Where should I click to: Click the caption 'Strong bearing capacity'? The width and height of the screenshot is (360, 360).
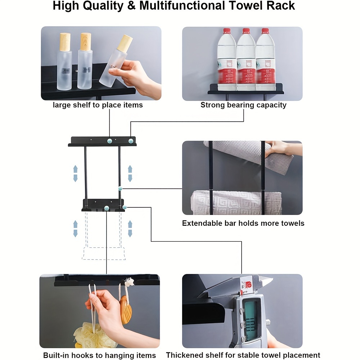[x=243, y=105]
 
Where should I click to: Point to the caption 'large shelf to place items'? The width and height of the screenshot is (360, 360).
[x=98, y=105]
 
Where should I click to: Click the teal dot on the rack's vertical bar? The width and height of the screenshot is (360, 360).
[x=120, y=188]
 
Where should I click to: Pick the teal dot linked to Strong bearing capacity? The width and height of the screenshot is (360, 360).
[x=131, y=140]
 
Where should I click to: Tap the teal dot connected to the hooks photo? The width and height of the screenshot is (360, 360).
[x=107, y=208]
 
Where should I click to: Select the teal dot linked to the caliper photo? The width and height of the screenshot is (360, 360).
[x=125, y=207]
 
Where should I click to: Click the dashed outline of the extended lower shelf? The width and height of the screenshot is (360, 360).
[x=104, y=253]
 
